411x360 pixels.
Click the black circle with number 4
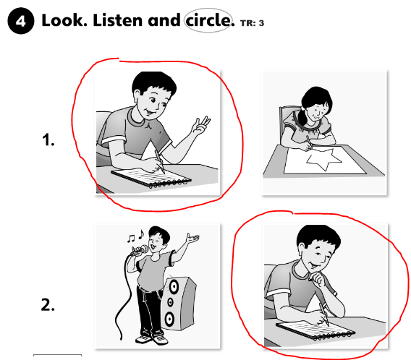(x=21, y=21)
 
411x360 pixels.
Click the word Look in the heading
(x=64, y=20)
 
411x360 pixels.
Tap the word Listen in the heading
(x=118, y=20)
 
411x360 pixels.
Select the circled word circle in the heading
(x=208, y=20)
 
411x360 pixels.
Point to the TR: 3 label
(x=252, y=23)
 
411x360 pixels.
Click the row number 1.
(x=48, y=140)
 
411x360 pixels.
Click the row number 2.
(x=48, y=305)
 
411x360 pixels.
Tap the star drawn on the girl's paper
(x=323, y=159)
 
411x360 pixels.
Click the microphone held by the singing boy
(x=140, y=250)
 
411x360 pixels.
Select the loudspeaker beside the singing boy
(x=178, y=304)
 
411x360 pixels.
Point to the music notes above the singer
(x=136, y=236)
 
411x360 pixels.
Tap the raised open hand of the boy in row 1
(x=201, y=127)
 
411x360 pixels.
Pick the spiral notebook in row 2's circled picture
(x=315, y=330)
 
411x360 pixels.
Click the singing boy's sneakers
(x=152, y=339)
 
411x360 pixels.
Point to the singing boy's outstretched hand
(x=192, y=238)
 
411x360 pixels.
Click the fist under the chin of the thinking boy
(x=318, y=279)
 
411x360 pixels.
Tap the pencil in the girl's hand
(x=308, y=142)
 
